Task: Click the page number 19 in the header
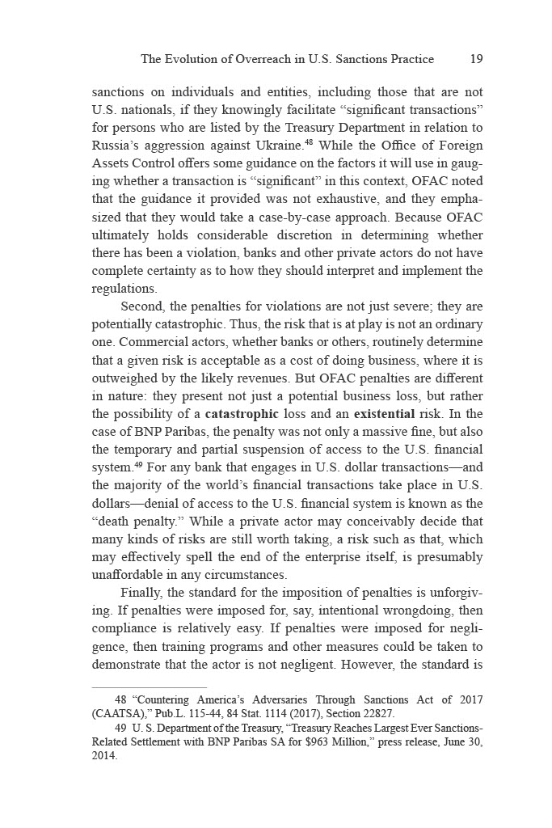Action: pos(476,59)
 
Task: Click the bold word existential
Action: pos(382,414)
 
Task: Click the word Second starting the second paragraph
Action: pos(143,307)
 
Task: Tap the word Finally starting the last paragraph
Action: pos(142,592)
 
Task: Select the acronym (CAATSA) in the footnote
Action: pos(120,713)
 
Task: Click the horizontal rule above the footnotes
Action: pos(150,687)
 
